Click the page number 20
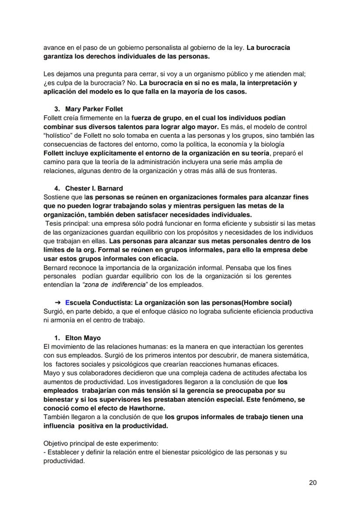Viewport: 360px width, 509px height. point(313,482)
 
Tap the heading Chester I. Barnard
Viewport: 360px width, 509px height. point(94,188)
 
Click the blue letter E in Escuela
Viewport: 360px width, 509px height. point(67,302)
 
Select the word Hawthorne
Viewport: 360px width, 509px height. point(149,408)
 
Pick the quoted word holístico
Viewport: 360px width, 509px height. point(58,136)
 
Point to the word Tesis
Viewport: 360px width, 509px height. point(54,224)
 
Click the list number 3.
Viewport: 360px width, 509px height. point(57,109)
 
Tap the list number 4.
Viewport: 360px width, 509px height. point(57,188)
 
